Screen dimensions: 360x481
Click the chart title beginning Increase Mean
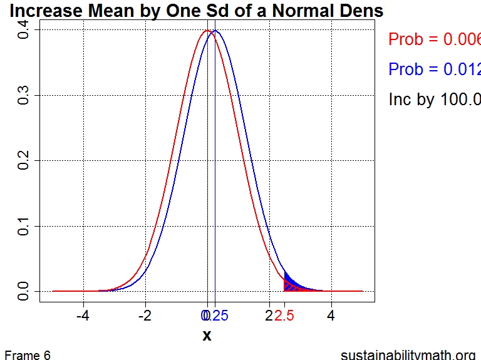pos(196,11)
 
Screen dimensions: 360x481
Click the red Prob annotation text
pos(434,39)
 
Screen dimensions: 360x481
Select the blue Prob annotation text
pos(434,69)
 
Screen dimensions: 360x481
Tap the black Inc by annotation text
pos(434,100)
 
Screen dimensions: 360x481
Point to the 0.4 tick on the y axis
pos(24,30)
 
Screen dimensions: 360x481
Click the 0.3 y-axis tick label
pos(24,95)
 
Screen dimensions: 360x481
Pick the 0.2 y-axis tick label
pos(24,161)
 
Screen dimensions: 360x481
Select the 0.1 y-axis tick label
pos(24,226)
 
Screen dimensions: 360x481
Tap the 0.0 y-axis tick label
pos(24,291)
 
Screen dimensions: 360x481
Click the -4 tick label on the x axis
pos(83,316)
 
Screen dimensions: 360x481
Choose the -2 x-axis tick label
pos(145,316)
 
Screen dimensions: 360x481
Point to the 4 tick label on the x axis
pos(331,316)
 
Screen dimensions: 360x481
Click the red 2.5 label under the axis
pos(285,316)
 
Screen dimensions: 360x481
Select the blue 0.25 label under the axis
pos(217,316)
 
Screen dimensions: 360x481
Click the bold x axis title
pos(207,336)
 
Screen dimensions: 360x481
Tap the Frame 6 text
pos(27,355)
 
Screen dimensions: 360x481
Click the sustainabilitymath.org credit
pos(408,355)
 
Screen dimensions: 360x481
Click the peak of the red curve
pos(207,31)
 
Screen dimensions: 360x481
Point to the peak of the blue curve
pos(215,31)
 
